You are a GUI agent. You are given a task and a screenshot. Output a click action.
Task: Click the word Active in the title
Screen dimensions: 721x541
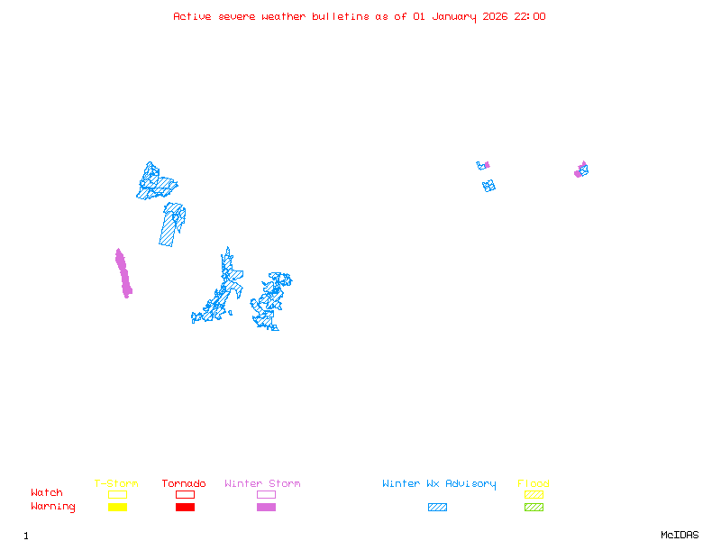click(x=192, y=16)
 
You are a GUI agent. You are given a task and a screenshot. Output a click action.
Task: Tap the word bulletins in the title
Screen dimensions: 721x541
click(x=340, y=16)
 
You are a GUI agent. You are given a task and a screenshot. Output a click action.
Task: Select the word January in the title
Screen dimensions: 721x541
click(x=453, y=16)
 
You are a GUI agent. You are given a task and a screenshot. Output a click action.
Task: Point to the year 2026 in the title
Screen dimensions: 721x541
click(x=495, y=16)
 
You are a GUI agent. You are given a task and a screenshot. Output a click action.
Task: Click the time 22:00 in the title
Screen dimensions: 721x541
click(x=530, y=16)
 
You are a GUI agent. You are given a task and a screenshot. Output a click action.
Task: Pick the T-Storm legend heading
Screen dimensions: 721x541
click(x=116, y=484)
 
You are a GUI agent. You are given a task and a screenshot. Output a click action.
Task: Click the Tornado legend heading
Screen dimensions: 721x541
click(x=184, y=484)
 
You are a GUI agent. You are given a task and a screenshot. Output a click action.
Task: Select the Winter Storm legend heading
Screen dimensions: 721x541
click(x=262, y=484)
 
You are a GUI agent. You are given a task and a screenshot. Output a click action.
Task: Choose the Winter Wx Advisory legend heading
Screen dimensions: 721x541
click(x=439, y=484)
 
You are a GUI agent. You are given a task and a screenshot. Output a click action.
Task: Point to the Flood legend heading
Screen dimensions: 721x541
click(x=534, y=484)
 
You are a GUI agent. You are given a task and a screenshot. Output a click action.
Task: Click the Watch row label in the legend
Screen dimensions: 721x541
click(x=47, y=493)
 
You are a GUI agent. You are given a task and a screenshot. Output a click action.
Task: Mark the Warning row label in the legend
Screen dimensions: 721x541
click(x=52, y=507)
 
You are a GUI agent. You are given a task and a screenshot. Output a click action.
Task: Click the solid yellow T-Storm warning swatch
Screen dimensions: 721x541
click(x=117, y=508)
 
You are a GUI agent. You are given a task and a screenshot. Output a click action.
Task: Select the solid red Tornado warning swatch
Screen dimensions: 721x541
click(x=185, y=508)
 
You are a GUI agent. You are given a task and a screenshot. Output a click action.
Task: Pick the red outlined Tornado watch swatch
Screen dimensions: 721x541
click(x=185, y=494)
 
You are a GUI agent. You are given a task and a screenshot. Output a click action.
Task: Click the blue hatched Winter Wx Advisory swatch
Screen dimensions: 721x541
click(x=437, y=508)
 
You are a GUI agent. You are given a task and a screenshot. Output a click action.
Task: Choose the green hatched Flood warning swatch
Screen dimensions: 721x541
click(x=534, y=508)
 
